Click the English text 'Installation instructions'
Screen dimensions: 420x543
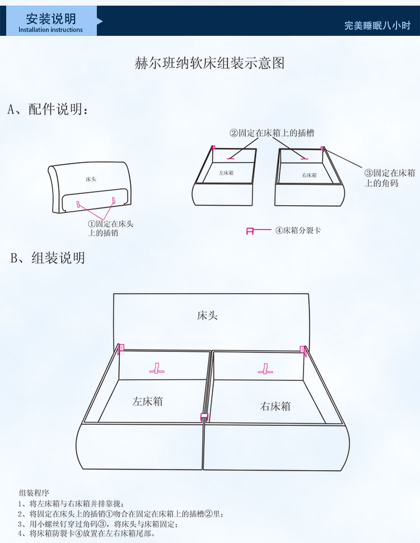click(50, 30)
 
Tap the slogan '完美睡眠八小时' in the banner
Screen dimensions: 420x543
click(377, 25)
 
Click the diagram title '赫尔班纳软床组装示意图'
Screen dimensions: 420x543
click(209, 63)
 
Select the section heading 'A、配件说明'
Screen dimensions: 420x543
click(48, 109)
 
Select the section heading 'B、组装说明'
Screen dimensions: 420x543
click(48, 258)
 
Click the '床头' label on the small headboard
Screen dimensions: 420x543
click(91, 179)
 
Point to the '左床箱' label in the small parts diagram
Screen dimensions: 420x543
click(226, 173)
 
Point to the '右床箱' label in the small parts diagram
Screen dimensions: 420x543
click(309, 175)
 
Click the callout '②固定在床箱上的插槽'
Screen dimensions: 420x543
click(272, 133)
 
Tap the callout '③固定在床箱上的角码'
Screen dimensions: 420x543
click(390, 178)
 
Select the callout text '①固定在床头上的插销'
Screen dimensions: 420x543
click(111, 228)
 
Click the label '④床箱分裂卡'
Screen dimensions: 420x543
click(298, 230)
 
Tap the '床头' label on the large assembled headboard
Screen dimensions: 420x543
click(207, 315)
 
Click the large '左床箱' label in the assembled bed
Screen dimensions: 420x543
click(147, 401)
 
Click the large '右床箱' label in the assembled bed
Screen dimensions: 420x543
click(276, 406)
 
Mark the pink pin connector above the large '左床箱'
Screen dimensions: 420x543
click(157, 369)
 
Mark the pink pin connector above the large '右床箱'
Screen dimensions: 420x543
click(265, 369)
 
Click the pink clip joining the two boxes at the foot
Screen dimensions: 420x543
click(204, 416)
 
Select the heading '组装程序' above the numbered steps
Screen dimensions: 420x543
click(34, 493)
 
